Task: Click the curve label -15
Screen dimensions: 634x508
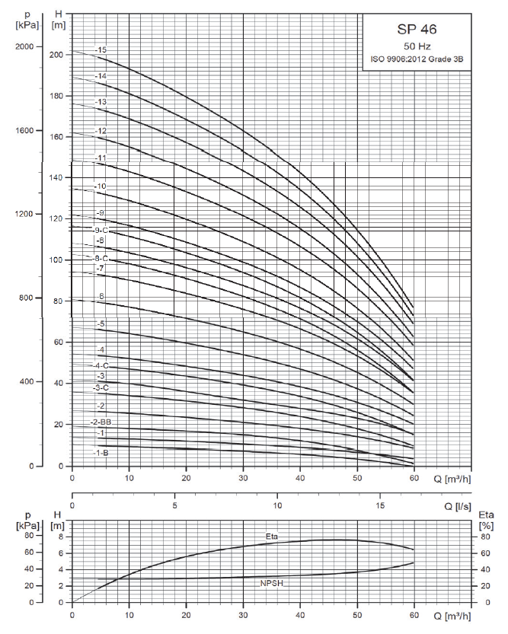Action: click(x=101, y=50)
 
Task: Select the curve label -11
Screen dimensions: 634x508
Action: click(x=101, y=158)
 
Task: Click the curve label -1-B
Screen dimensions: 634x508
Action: click(x=101, y=453)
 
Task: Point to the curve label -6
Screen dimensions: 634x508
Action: click(x=101, y=296)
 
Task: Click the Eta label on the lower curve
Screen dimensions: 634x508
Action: click(x=272, y=536)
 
